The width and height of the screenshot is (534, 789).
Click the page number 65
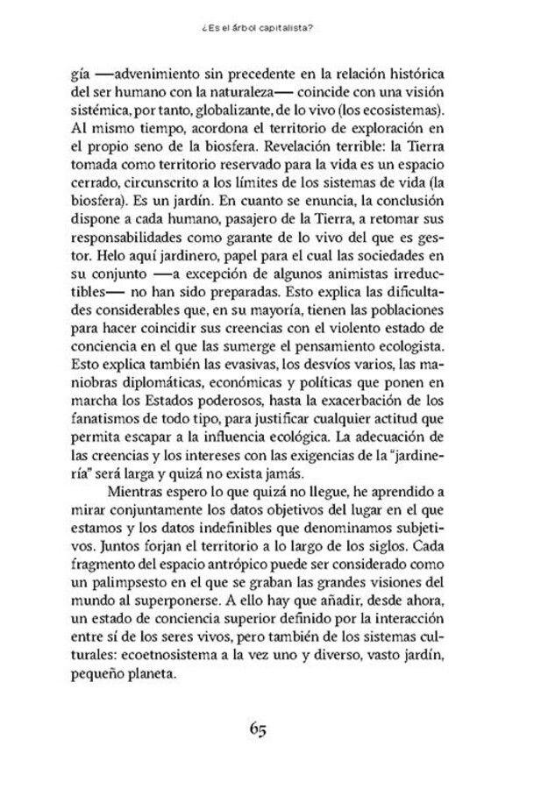tap(266, 729)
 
